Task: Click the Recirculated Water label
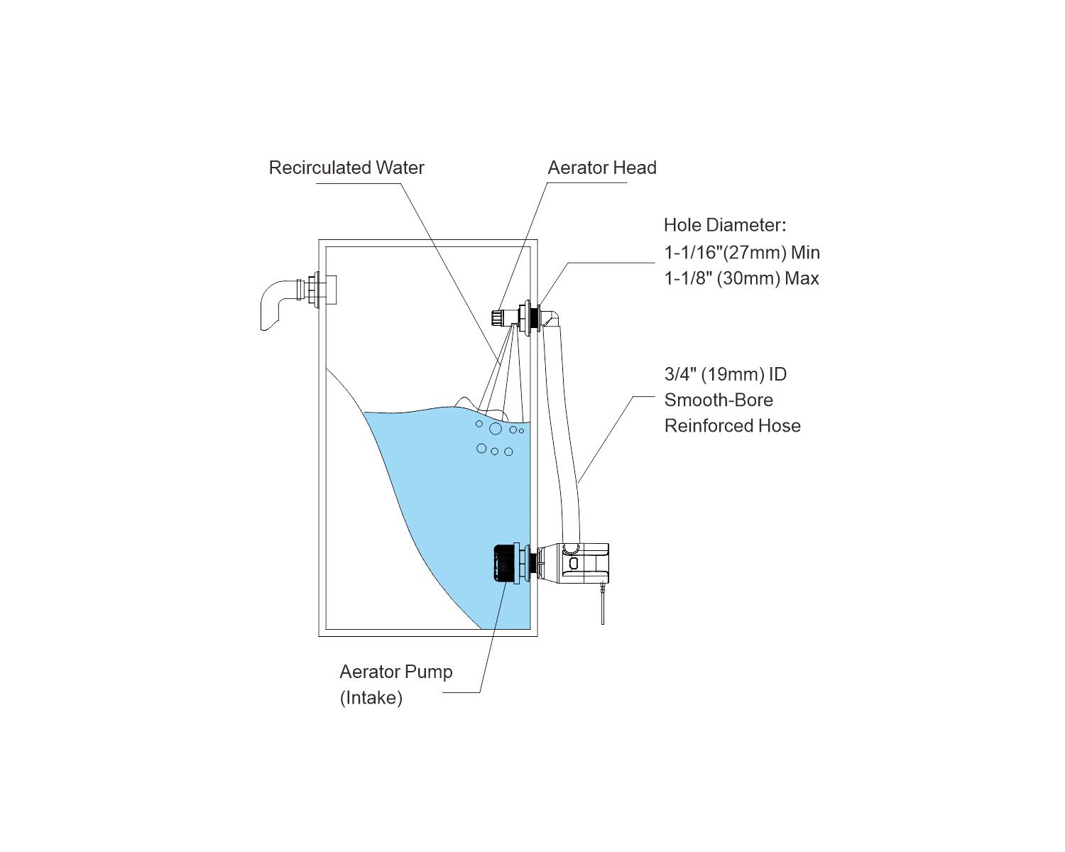pyautogui.click(x=346, y=168)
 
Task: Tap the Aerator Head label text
pyautogui.click(x=602, y=168)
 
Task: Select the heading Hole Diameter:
pyautogui.click(x=725, y=225)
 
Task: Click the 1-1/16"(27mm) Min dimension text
pyautogui.click(x=742, y=252)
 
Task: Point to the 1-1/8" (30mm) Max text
pyautogui.click(x=741, y=278)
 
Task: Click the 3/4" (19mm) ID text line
pyautogui.click(x=725, y=374)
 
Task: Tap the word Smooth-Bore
pyautogui.click(x=719, y=400)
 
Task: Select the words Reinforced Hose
pyautogui.click(x=732, y=425)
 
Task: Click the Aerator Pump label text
pyautogui.click(x=395, y=672)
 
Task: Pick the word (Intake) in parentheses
pyautogui.click(x=371, y=697)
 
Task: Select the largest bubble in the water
pyautogui.click(x=495, y=429)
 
